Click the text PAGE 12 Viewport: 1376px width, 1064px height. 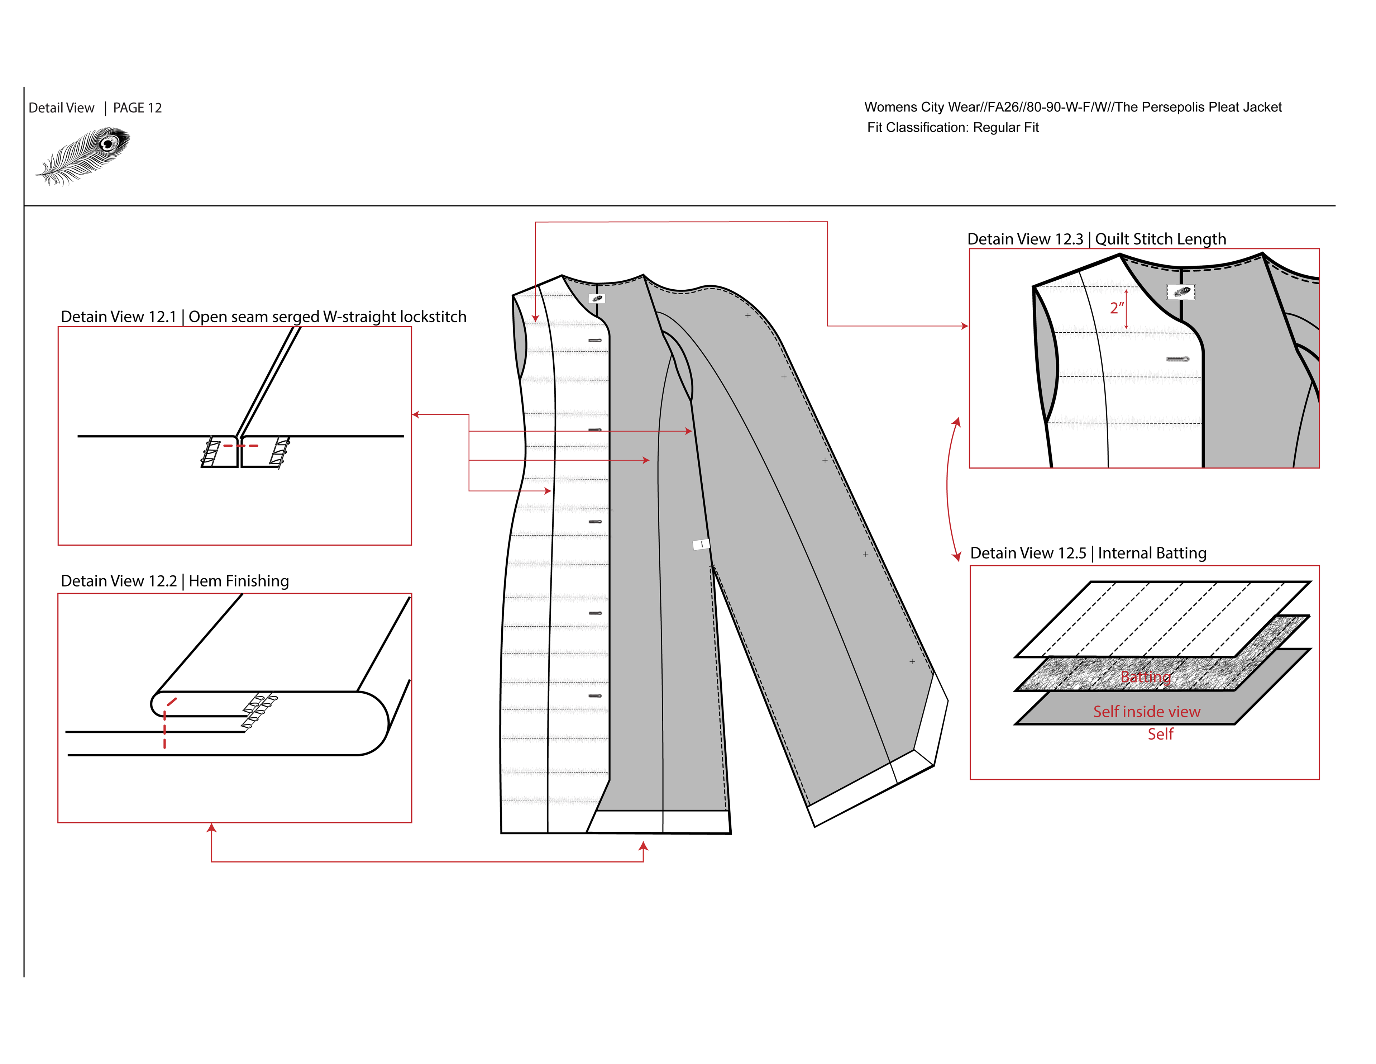[137, 108]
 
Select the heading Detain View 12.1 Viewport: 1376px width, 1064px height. [119, 317]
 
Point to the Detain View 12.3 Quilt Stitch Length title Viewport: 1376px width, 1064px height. [1096, 239]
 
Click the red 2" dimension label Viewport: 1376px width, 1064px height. [1117, 308]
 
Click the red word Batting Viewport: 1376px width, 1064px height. [1145, 677]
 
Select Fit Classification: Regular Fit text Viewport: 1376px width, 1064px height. [952, 127]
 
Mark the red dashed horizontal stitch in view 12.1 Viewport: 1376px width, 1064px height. [240, 446]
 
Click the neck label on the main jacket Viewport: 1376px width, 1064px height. [597, 299]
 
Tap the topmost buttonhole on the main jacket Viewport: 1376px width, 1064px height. [595, 340]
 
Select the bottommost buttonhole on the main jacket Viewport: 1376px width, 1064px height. [595, 696]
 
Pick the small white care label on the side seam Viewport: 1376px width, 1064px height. [701, 544]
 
